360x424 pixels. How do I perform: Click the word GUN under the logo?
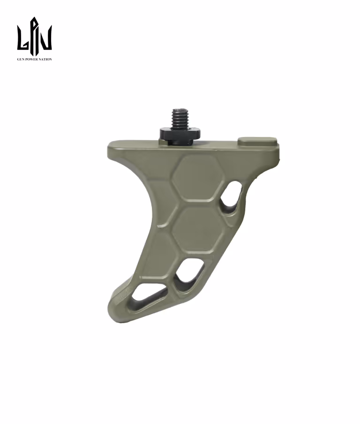pos(21,59)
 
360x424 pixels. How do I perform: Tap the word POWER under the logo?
pos(31,59)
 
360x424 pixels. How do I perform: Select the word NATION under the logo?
pos(45,59)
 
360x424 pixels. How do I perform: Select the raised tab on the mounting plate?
pos(257,141)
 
